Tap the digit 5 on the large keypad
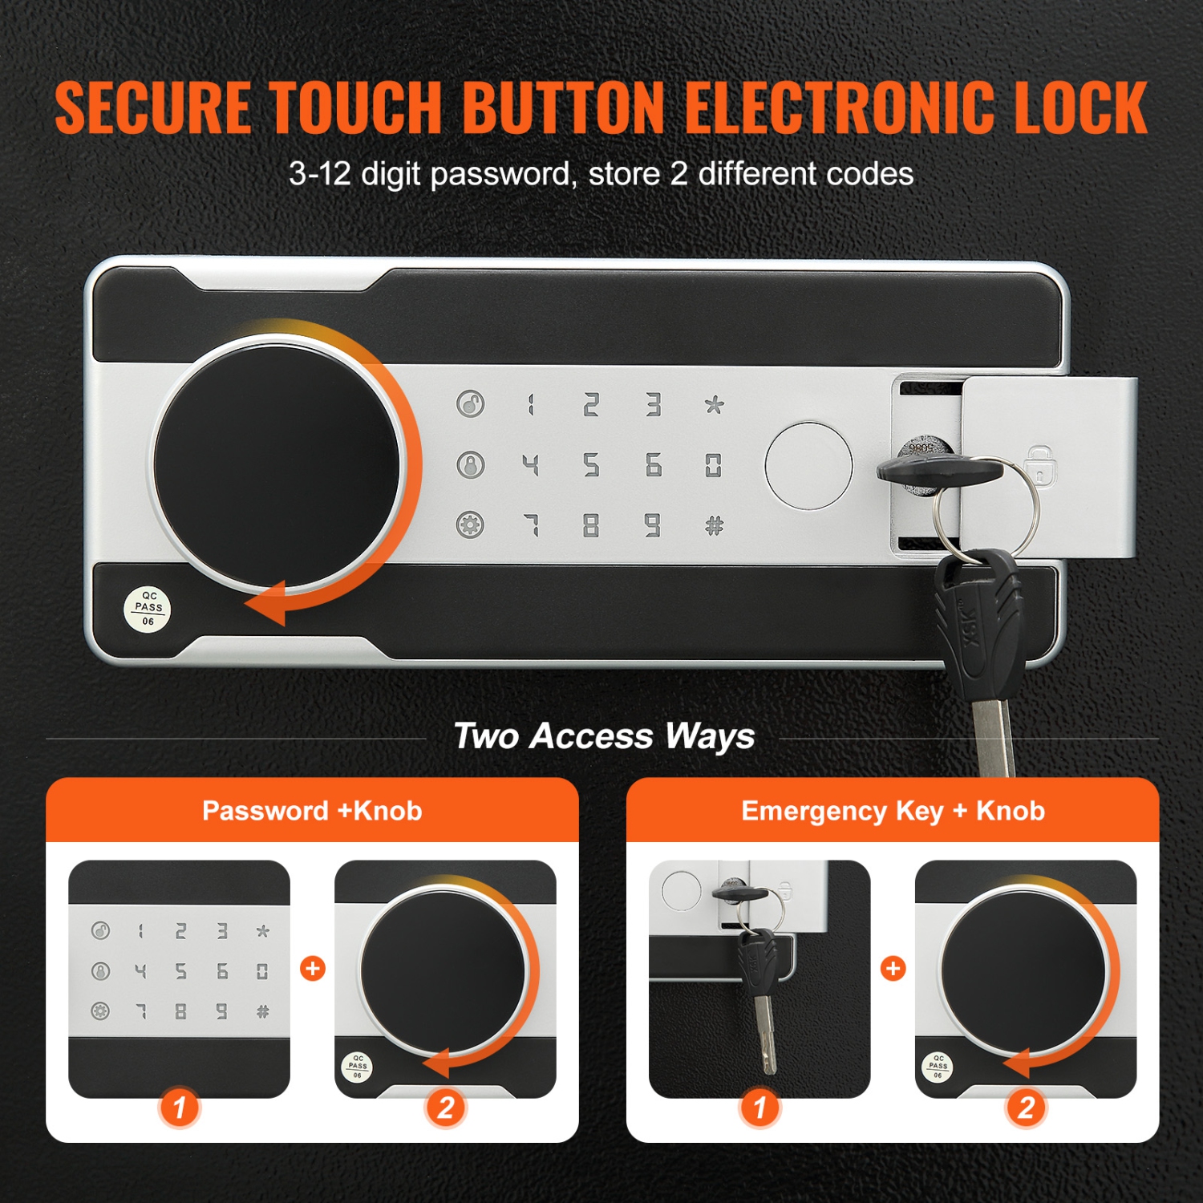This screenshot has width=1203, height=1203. tap(591, 465)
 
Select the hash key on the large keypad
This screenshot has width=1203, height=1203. tap(713, 526)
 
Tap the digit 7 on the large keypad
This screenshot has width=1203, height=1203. tap(531, 526)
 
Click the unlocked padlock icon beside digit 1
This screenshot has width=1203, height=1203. tap(471, 403)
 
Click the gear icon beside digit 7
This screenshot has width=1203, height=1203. tap(471, 526)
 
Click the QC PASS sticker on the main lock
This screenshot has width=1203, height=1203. tap(148, 609)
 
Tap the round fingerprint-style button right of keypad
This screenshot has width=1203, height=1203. tap(808, 466)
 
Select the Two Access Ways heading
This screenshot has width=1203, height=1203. tap(604, 735)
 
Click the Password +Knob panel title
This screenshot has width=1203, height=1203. tap(312, 811)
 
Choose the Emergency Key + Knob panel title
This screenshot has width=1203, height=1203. tap(893, 811)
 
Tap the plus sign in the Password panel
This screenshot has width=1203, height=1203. tap(313, 969)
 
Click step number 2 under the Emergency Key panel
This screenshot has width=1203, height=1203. tap(1026, 1108)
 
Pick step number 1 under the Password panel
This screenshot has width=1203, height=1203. tap(180, 1108)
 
